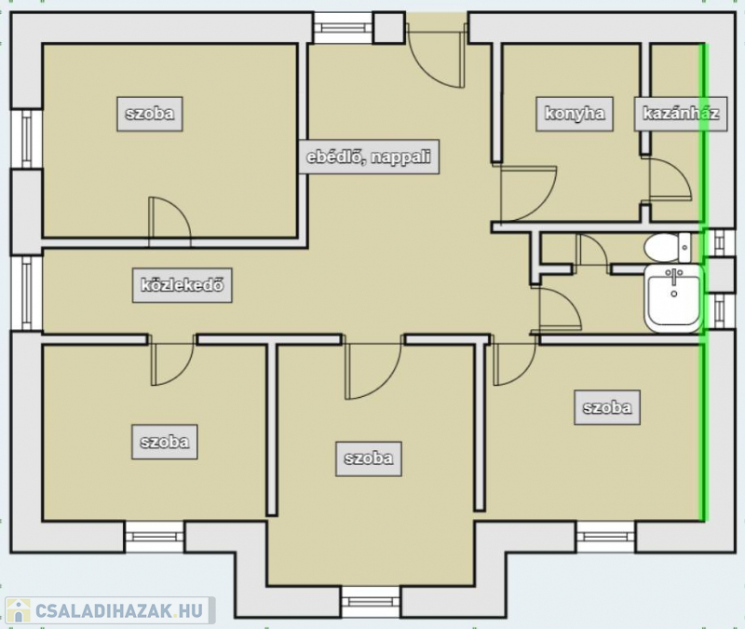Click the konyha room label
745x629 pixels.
coord(575,114)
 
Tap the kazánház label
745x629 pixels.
coord(681,114)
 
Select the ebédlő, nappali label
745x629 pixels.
coord(369,157)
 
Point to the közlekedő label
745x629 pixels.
coord(183,285)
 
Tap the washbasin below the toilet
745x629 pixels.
coord(673,298)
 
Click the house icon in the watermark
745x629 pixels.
coord(19,611)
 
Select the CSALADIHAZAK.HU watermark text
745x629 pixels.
coord(119,611)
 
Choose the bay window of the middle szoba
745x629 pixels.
coord(371,601)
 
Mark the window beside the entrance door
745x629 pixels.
coord(344,28)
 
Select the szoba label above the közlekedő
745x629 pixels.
coord(150,114)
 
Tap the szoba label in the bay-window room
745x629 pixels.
coord(369,458)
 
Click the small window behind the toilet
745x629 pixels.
coord(718,243)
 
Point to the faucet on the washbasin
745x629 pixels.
coord(673,276)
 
